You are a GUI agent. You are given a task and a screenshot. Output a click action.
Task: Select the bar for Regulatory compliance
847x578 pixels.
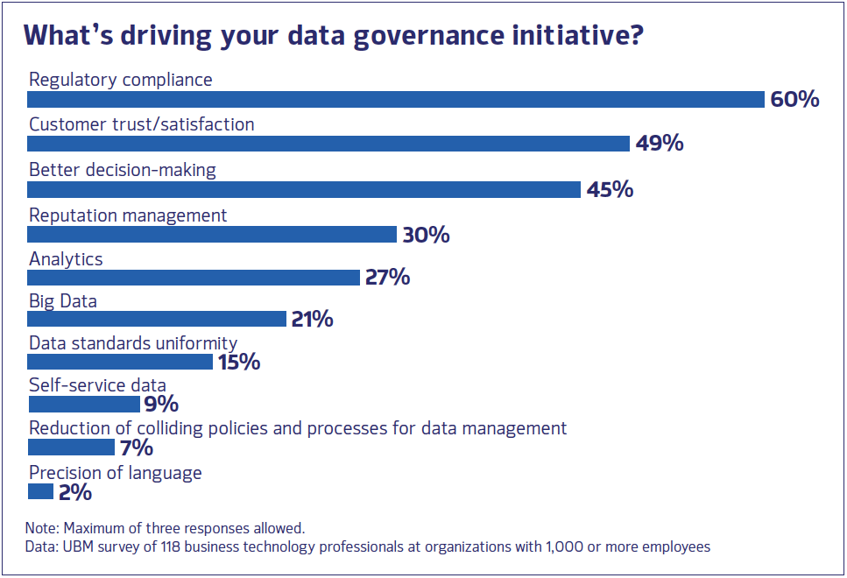396,99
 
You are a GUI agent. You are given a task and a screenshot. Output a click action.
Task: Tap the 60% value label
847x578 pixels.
794,99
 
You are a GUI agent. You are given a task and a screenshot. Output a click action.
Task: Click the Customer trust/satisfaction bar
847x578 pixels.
328,144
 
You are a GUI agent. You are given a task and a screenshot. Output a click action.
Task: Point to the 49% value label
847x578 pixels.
660,144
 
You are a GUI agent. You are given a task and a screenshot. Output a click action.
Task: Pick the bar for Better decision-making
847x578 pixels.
304,189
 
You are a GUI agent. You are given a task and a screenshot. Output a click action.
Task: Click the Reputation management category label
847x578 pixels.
128,215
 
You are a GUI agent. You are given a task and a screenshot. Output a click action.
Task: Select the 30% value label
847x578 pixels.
426,235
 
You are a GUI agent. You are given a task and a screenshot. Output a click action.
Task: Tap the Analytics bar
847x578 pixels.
194,278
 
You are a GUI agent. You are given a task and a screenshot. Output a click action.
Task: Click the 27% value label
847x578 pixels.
386,278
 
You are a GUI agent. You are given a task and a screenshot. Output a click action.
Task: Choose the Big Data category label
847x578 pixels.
63,300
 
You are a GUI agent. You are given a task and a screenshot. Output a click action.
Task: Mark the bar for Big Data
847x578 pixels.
157,319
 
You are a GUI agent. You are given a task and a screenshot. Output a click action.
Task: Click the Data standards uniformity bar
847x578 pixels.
120,361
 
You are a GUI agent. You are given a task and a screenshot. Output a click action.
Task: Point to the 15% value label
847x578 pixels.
237,361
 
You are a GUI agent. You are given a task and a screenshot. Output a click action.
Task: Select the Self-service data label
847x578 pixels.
97,385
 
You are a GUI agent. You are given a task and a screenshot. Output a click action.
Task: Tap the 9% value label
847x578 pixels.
161,404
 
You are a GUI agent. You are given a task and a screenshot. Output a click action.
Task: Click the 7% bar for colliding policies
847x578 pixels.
71,448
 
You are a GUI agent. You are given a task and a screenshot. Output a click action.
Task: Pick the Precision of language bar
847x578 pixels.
40,492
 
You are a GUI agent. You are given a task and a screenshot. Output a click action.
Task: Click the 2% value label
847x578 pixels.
75,492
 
